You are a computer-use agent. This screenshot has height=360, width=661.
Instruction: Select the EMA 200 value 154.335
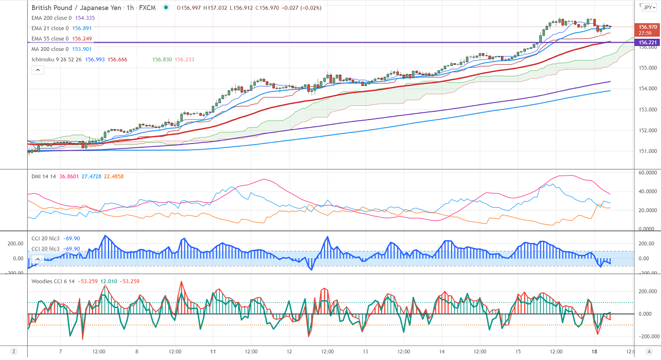point(84,18)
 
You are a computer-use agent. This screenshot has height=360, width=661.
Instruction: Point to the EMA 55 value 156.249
point(82,39)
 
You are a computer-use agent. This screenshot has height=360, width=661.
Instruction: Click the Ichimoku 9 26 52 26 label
point(56,59)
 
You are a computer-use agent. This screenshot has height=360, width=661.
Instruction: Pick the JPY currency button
point(648,7)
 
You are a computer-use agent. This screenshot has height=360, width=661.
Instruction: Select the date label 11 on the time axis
point(213,351)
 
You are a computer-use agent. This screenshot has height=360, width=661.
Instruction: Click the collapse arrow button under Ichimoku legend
point(38,70)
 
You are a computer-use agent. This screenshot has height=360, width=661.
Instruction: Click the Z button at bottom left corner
point(13,351)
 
